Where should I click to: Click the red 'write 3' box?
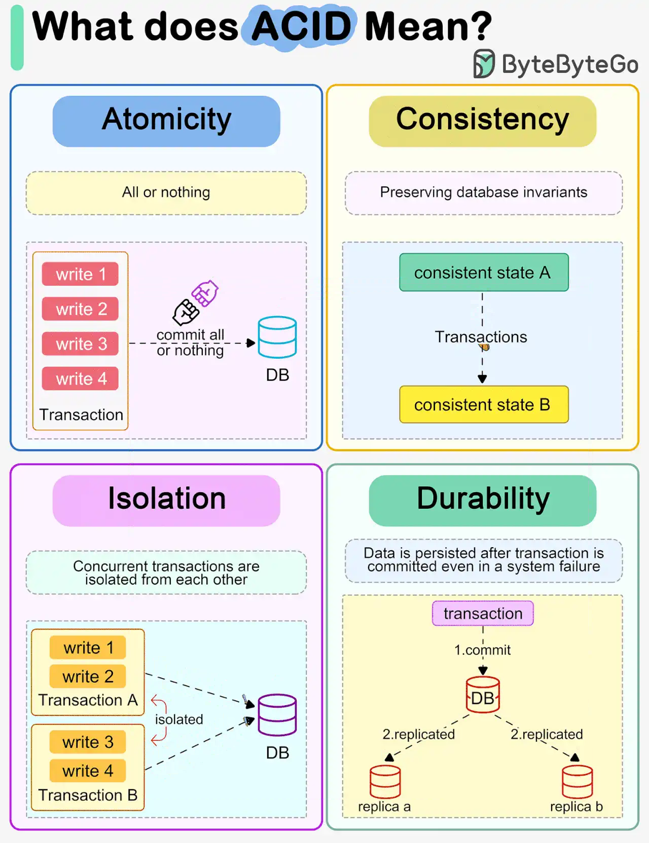click(x=80, y=343)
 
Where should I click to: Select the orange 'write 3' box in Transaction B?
click(x=88, y=742)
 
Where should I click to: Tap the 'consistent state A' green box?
click(x=484, y=272)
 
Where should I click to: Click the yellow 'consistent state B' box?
click(x=484, y=404)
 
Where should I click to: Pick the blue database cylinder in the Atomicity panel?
click(x=277, y=337)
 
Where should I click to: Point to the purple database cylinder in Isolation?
click(x=277, y=715)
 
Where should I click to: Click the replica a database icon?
click(x=385, y=781)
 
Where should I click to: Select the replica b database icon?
click(x=577, y=781)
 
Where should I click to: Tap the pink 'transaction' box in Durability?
click(x=483, y=614)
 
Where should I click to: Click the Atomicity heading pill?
click(x=166, y=121)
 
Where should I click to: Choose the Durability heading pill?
click(x=483, y=500)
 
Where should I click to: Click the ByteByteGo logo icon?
click(x=484, y=64)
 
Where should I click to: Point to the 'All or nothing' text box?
click(x=166, y=193)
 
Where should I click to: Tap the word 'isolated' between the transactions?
click(x=179, y=719)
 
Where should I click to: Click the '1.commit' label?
click(x=482, y=649)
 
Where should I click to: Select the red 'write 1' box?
click(x=80, y=274)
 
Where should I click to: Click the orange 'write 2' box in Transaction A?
click(x=88, y=676)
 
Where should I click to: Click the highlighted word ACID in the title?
click(x=301, y=26)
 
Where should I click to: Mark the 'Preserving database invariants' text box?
click(x=484, y=193)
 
